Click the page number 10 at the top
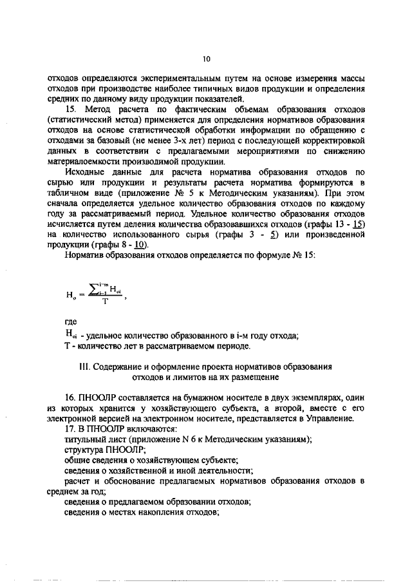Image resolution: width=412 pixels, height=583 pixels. [206, 59]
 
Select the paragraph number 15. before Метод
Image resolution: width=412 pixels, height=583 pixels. [71, 110]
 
